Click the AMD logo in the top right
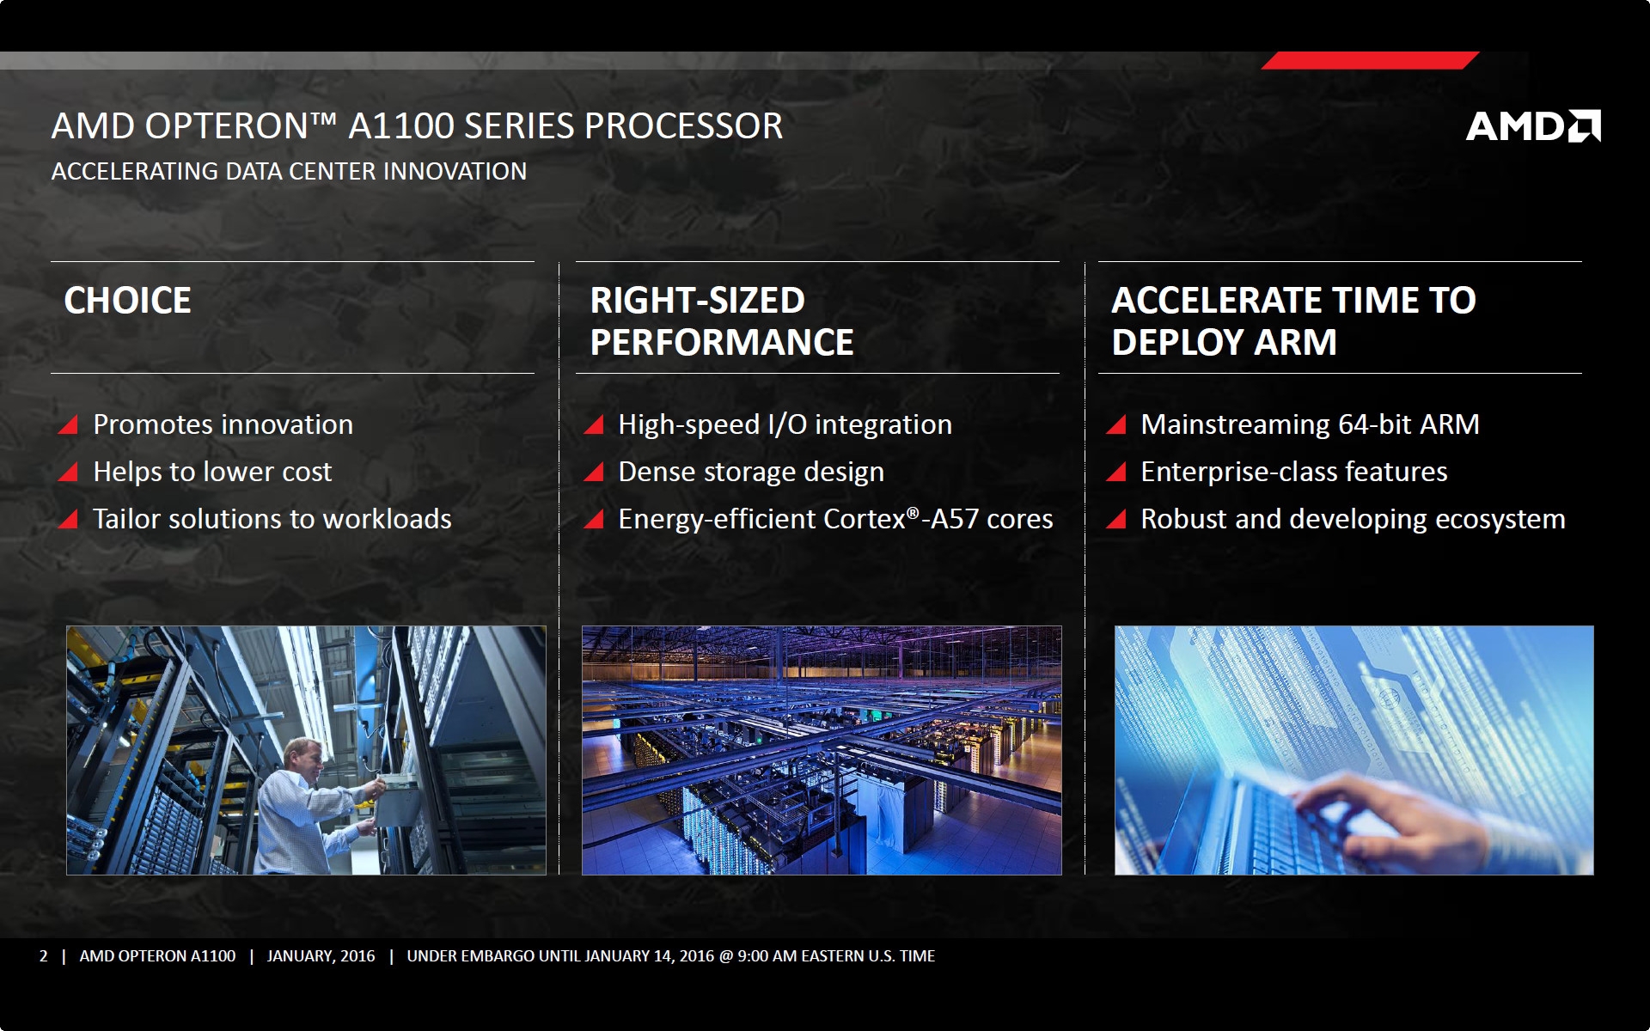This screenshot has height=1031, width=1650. pos(1533,126)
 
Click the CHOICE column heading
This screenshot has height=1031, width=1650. pos(128,301)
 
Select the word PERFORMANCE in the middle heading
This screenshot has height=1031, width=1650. pos(722,343)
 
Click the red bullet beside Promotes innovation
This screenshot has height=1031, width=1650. pos(68,424)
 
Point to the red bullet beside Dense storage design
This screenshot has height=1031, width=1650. pos(594,472)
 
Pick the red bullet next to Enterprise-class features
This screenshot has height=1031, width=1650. pos(1116,472)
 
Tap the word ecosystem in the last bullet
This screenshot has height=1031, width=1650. pos(1500,519)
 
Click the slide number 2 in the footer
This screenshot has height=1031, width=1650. pos(44,956)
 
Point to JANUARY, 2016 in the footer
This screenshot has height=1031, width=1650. pos(321,956)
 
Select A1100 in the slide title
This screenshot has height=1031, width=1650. pos(401,126)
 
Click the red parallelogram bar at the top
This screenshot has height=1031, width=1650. pos(1370,60)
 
